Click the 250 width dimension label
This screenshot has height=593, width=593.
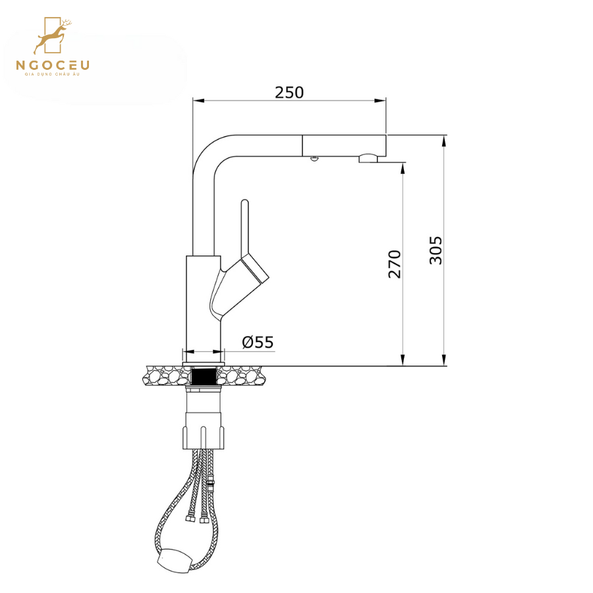tap(289, 93)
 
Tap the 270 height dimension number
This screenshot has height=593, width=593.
tap(395, 264)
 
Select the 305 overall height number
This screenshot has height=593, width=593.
tap(436, 250)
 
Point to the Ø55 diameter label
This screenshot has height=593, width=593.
tap(258, 342)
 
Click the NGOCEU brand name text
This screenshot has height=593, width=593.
tap(53, 65)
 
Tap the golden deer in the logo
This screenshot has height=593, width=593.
tap(53, 37)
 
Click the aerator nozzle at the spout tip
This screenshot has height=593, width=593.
tap(368, 158)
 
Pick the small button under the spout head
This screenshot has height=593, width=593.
tap(314, 159)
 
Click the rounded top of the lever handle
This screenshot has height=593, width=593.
tap(244, 202)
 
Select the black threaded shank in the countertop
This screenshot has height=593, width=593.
tap(204, 376)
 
